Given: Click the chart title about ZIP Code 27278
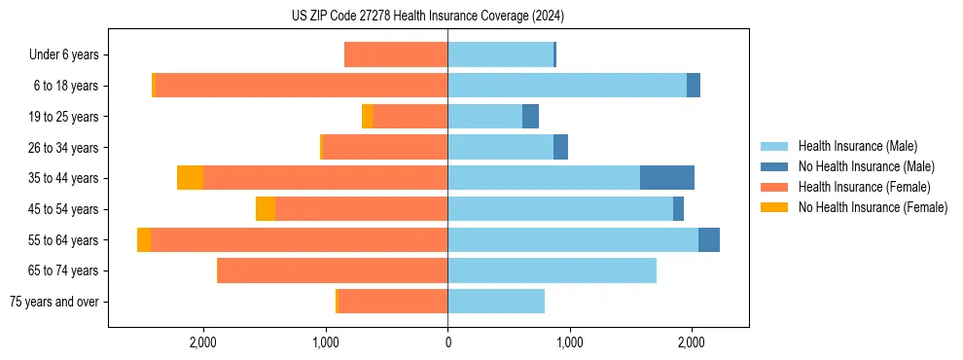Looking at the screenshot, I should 428,17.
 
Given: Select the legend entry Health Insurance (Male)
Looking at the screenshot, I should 857,146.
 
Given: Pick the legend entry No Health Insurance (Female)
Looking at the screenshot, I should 873,207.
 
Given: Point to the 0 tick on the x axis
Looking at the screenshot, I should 447,342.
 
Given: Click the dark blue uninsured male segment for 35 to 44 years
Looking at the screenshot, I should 667,178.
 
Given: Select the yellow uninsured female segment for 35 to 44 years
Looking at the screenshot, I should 190,178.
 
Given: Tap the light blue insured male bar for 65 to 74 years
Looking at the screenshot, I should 552,270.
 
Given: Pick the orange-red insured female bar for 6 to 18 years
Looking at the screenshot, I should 301,86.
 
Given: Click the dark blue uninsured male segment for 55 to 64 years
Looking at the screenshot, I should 709,239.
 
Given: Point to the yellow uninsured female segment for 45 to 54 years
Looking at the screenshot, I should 266,209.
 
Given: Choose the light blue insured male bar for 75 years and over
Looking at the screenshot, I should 496,302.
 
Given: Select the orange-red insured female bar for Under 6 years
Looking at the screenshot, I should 396,54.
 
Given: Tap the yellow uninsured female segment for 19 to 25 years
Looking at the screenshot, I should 367,117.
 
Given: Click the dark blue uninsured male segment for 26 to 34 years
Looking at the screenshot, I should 560,147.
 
